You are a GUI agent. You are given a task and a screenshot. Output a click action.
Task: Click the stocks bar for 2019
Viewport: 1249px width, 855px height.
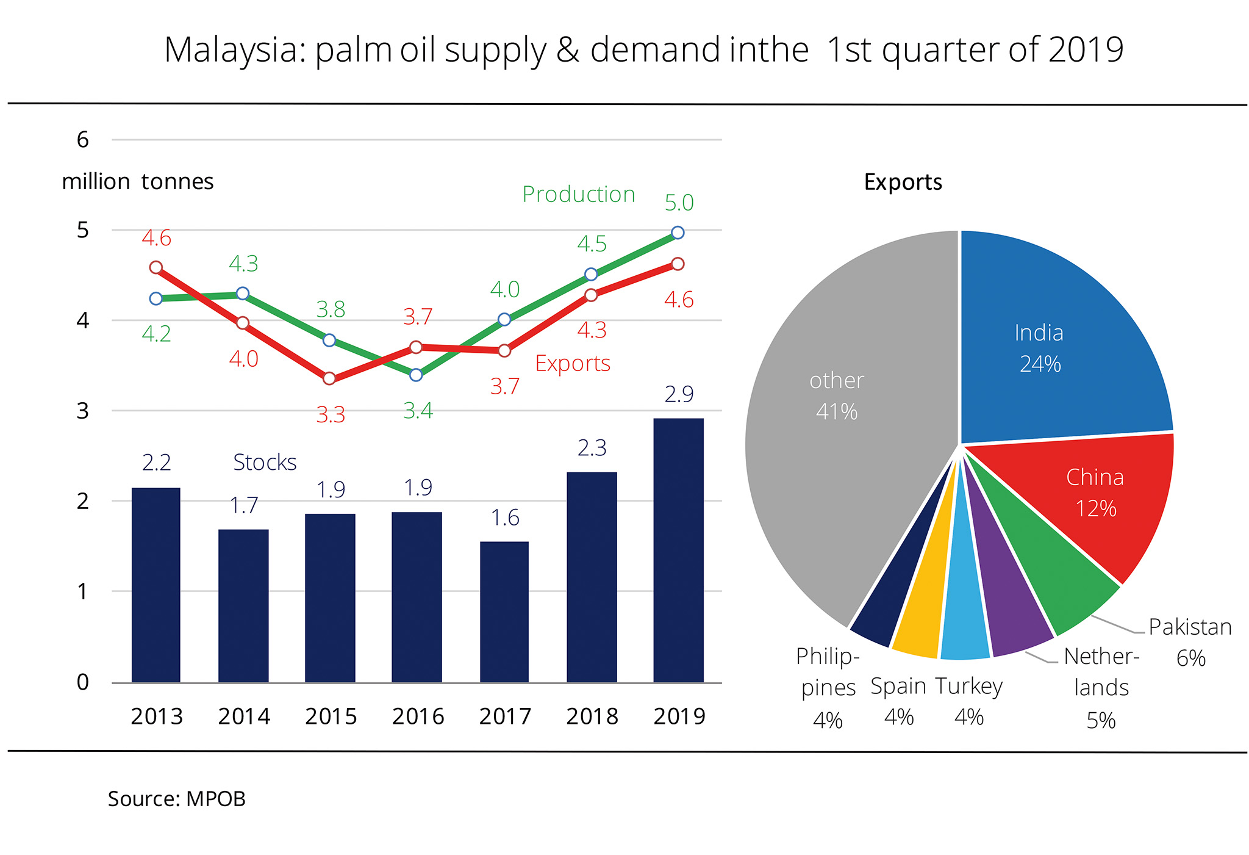pos(678,549)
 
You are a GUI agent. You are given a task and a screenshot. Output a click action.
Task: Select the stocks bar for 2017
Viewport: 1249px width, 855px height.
pos(504,610)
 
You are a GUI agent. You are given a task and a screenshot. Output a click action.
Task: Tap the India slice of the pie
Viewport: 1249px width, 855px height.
pos(1049,342)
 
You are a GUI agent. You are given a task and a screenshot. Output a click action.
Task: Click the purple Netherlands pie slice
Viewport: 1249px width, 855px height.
pos(1009,622)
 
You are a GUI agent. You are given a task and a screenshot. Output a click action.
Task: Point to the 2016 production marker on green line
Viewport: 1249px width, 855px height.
pos(416,375)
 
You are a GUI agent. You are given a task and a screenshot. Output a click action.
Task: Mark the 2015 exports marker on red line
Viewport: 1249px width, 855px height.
pos(329,378)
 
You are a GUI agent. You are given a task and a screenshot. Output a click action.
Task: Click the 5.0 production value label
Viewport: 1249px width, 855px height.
pos(679,203)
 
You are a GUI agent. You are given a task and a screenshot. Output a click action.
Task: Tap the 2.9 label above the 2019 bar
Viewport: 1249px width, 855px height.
pos(679,394)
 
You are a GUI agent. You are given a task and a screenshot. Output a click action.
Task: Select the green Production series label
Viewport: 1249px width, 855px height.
pos(578,194)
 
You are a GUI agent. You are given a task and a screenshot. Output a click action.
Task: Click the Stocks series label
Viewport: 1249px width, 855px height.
pos(265,463)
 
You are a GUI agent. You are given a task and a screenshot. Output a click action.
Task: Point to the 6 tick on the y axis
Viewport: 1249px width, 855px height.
pos(83,140)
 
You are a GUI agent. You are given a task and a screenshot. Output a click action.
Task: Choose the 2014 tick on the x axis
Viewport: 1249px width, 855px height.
pos(244,716)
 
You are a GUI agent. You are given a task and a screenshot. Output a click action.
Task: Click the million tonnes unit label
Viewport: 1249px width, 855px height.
pos(138,182)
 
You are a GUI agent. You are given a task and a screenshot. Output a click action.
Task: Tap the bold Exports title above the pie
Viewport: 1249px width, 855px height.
pos(903,182)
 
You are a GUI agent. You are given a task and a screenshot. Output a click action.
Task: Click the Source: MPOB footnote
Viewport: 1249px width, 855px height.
pos(177,799)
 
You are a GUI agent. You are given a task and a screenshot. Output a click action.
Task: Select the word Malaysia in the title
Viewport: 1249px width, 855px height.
pos(235,50)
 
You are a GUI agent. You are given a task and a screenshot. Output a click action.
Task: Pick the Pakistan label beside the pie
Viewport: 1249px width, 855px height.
pos(1190,627)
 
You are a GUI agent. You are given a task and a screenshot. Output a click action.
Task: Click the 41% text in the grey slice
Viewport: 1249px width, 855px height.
pos(837,412)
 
